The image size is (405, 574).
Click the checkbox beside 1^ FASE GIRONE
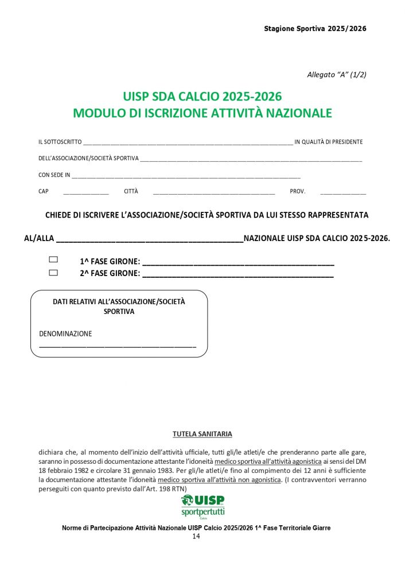pyautogui.click(x=53, y=260)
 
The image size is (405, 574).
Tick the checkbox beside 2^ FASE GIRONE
pyautogui.click(x=53, y=273)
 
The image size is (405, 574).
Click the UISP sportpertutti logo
pyautogui.click(x=202, y=506)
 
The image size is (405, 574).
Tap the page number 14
pyautogui.click(x=196, y=536)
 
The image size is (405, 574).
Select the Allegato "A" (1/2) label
pyautogui.click(x=337, y=75)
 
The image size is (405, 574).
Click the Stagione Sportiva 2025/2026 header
pyautogui.click(x=315, y=28)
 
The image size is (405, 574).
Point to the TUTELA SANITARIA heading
pyautogui.click(x=202, y=434)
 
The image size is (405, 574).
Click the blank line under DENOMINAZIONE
pyautogui.click(x=118, y=347)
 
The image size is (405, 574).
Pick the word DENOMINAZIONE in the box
pyautogui.click(x=65, y=333)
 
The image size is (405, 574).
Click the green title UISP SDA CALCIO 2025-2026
pyautogui.click(x=202, y=96)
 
